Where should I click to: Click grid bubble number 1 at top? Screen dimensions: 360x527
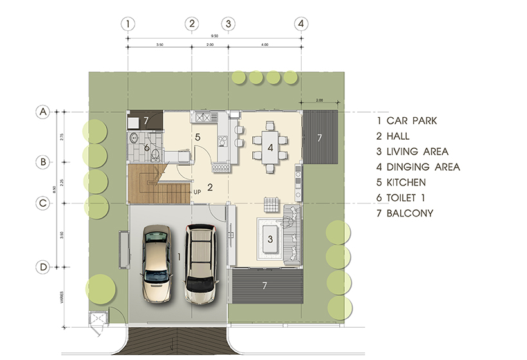(x=129, y=24)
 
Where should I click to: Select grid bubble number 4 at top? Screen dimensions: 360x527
(x=300, y=24)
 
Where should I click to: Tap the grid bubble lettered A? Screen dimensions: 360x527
(x=42, y=112)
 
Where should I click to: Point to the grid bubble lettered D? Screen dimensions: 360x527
(x=42, y=266)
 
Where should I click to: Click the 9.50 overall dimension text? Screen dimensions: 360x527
(x=214, y=37)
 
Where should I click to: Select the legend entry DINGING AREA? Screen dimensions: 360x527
(x=418, y=167)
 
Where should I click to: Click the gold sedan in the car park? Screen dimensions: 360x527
(x=156, y=263)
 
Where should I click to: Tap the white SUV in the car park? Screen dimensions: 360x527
(x=201, y=263)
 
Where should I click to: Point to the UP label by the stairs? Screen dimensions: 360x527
(x=198, y=192)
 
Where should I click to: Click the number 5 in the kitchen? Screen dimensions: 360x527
(x=198, y=137)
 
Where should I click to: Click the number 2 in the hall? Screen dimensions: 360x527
(x=209, y=187)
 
